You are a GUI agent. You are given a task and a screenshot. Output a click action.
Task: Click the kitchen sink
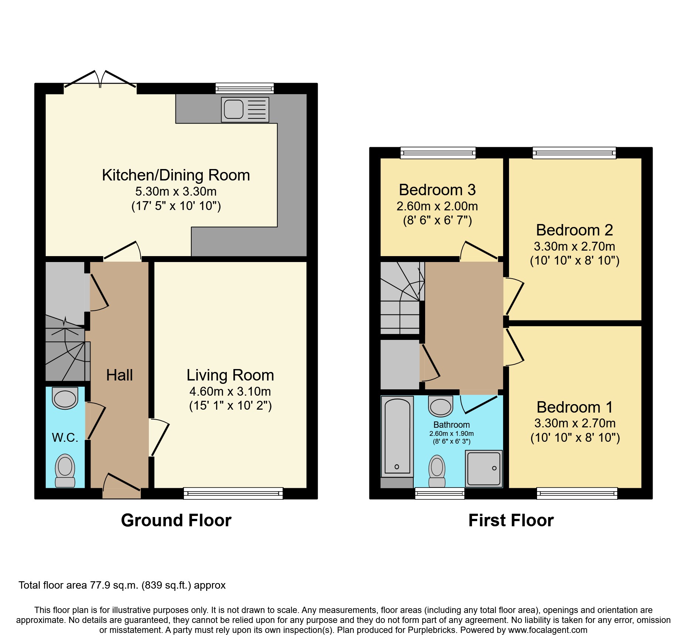pyautogui.click(x=245, y=110)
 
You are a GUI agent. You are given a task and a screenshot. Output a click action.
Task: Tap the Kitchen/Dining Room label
pyautogui.click(x=176, y=175)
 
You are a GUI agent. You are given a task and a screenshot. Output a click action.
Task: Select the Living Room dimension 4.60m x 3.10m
pyautogui.click(x=230, y=391)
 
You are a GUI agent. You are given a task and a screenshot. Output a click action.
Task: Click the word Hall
pyautogui.click(x=119, y=375)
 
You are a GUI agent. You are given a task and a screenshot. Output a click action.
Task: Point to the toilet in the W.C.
pyautogui.click(x=65, y=470)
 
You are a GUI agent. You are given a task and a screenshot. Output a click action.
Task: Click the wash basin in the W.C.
pyautogui.click(x=65, y=398)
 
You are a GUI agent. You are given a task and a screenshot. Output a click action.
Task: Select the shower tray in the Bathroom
pyautogui.click(x=483, y=468)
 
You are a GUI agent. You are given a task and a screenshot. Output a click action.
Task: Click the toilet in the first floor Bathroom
pyautogui.click(x=437, y=471)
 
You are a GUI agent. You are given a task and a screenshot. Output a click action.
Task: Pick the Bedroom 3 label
pyautogui.click(x=437, y=190)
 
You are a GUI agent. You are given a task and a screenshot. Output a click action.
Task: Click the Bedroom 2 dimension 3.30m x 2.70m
pyautogui.click(x=574, y=246)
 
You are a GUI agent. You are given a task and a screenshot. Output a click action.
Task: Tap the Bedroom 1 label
pyautogui.click(x=575, y=407)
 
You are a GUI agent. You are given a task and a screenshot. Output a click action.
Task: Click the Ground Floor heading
pyautogui.click(x=176, y=520)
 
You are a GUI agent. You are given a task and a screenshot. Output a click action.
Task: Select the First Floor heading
pyautogui.click(x=511, y=520)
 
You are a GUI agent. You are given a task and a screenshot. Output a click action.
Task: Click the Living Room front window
pyautogui.click(x=233, y=493)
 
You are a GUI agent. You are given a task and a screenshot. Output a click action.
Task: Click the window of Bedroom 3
pyautogui.click(x=438, y=152)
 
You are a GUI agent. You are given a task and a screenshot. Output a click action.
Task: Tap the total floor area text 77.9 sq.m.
pyautogui.click(x=122, y=585)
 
